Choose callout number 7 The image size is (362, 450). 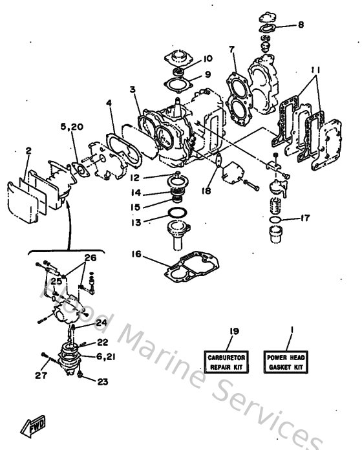231,49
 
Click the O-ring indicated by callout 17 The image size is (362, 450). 273,220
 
